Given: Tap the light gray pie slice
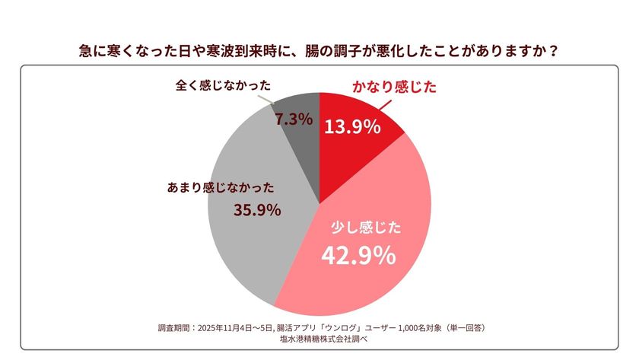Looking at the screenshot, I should point(251,244).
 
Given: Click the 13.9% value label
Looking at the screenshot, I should point(353,126).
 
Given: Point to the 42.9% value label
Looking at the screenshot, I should point(358,256).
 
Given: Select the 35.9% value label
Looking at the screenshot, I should point(256,209).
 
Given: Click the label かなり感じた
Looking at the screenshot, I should point(393,88).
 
